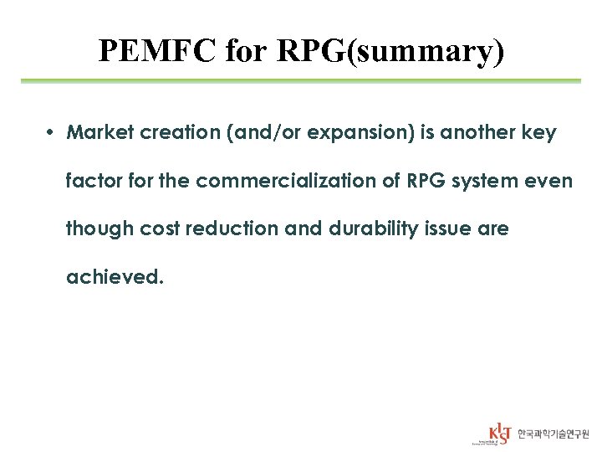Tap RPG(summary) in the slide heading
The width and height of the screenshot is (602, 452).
pyautogui.click(x=390, y=52)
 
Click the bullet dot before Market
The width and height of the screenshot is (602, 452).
pyautogui.click(x=52, y=133)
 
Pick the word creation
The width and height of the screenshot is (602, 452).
pyautogui.click(x=170, y=133)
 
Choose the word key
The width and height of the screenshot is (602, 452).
pyautogui.click(x=540, y=133)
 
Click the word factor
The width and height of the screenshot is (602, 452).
pyautogui.click(x=92, y=181)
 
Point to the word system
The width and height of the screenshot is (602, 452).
pyautogui.click(x=482, y=181)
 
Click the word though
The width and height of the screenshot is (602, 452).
pyautogui.click(x=98, y=229)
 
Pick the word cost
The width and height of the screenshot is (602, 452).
pyautogui.click(x=157, y=229)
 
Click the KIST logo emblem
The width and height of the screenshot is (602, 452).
pyautogui.click(x=499, y=434)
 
